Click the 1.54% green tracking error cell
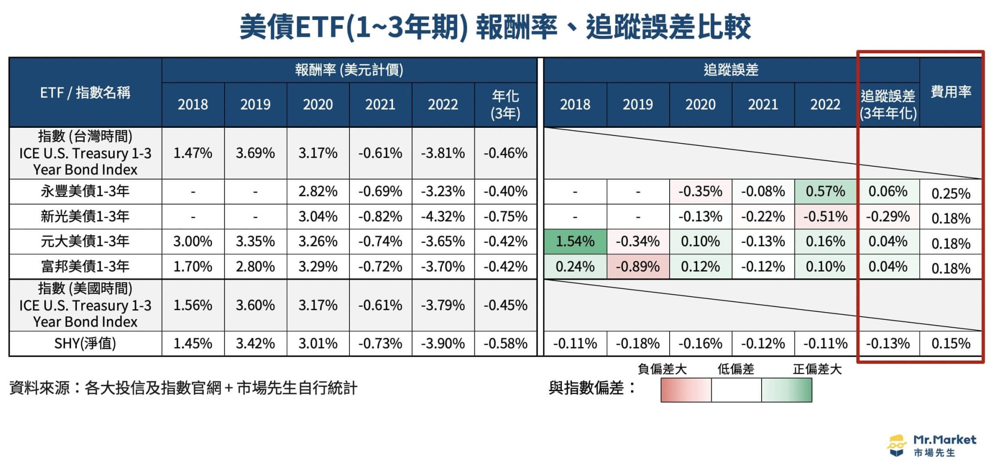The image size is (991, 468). pyautogui.click(x=575, y=242)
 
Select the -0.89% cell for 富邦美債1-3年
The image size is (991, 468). pyautogui.click(x=637, y=267)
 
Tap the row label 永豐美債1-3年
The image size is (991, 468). pyautogui.click(x=85, y=191)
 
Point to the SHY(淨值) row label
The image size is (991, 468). pyautogui.click(x=85, y=344)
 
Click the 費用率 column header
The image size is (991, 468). pyautogui.click(x=951, y=91)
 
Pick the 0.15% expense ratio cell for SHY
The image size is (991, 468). pyautogui.click(x=951, y=344)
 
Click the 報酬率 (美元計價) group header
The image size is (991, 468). pyautogui.click(x=349, y=70)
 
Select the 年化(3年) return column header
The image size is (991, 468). pyautogui.click(x=505, y=105)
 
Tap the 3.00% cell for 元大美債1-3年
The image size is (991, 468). pyautogui.click(x=193, y=242)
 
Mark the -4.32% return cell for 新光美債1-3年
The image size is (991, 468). pyautogui.click(x=443, y=216)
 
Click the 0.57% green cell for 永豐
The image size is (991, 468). pyautogui.click(x=825, y=191)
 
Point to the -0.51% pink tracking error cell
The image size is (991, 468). pyautogui.click(x=825, y=216)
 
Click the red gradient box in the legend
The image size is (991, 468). pyautogui.click(x=686, y=390)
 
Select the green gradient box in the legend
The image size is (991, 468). pyautogui.click(x=786, y=390)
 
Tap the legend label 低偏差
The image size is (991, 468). pyautogui.click(x=736, y=370)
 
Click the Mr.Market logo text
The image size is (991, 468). pyautogui.click(x=944, y=440)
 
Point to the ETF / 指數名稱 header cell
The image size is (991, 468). pyautogui.click(x=85, y=92)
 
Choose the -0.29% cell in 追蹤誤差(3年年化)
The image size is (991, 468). pyautogui.click(x=887, y=216)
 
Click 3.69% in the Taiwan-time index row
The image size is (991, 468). pyautogui.click(x=255, y=153)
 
